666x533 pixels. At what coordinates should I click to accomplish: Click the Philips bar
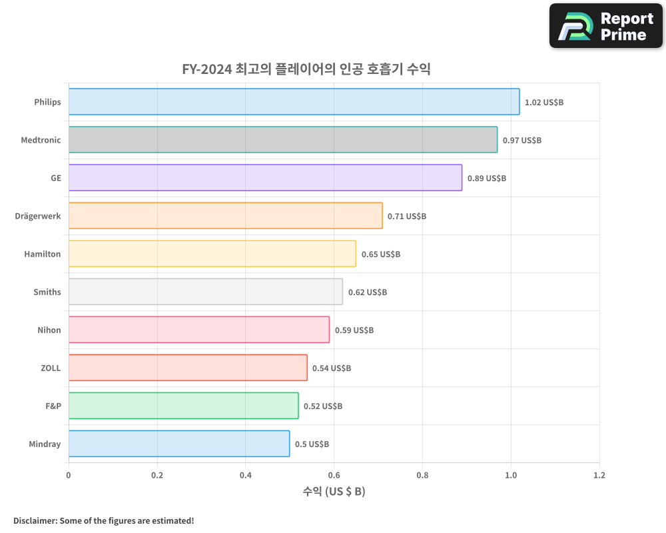coord(294,102)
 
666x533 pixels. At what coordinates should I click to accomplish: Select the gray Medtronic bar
coord(282,140)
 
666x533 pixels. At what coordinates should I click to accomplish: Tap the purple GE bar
coord(265,178)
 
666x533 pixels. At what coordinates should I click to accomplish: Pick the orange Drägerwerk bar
coord(225,216)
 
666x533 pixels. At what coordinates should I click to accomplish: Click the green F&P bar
coord(183,406)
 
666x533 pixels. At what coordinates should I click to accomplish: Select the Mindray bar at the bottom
coord(178,444)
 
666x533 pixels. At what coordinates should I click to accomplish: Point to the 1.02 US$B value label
coord(543,103)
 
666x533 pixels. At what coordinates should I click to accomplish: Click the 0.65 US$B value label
coord(380,255)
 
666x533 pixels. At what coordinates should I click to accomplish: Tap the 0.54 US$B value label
coord(331,368)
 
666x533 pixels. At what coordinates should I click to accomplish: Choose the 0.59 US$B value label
coord(354,330)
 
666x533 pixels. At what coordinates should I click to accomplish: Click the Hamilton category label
coord(42,254)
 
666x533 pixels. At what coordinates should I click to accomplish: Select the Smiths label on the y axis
coord(47,292)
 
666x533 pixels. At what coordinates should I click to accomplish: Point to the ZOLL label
coord(51,368)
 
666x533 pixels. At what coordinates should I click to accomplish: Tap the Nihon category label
coord(49,330)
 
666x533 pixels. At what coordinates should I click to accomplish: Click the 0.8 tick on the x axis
coord(422,476)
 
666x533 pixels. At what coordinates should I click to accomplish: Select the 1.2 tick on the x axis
coord(599,476)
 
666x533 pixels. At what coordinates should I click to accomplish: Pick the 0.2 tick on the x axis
coord(157,476)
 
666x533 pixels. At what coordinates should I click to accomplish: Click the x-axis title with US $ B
coord(334,492)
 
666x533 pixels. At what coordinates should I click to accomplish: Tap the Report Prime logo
coord(606,26)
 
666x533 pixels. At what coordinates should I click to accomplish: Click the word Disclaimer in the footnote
coord(34,520)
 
